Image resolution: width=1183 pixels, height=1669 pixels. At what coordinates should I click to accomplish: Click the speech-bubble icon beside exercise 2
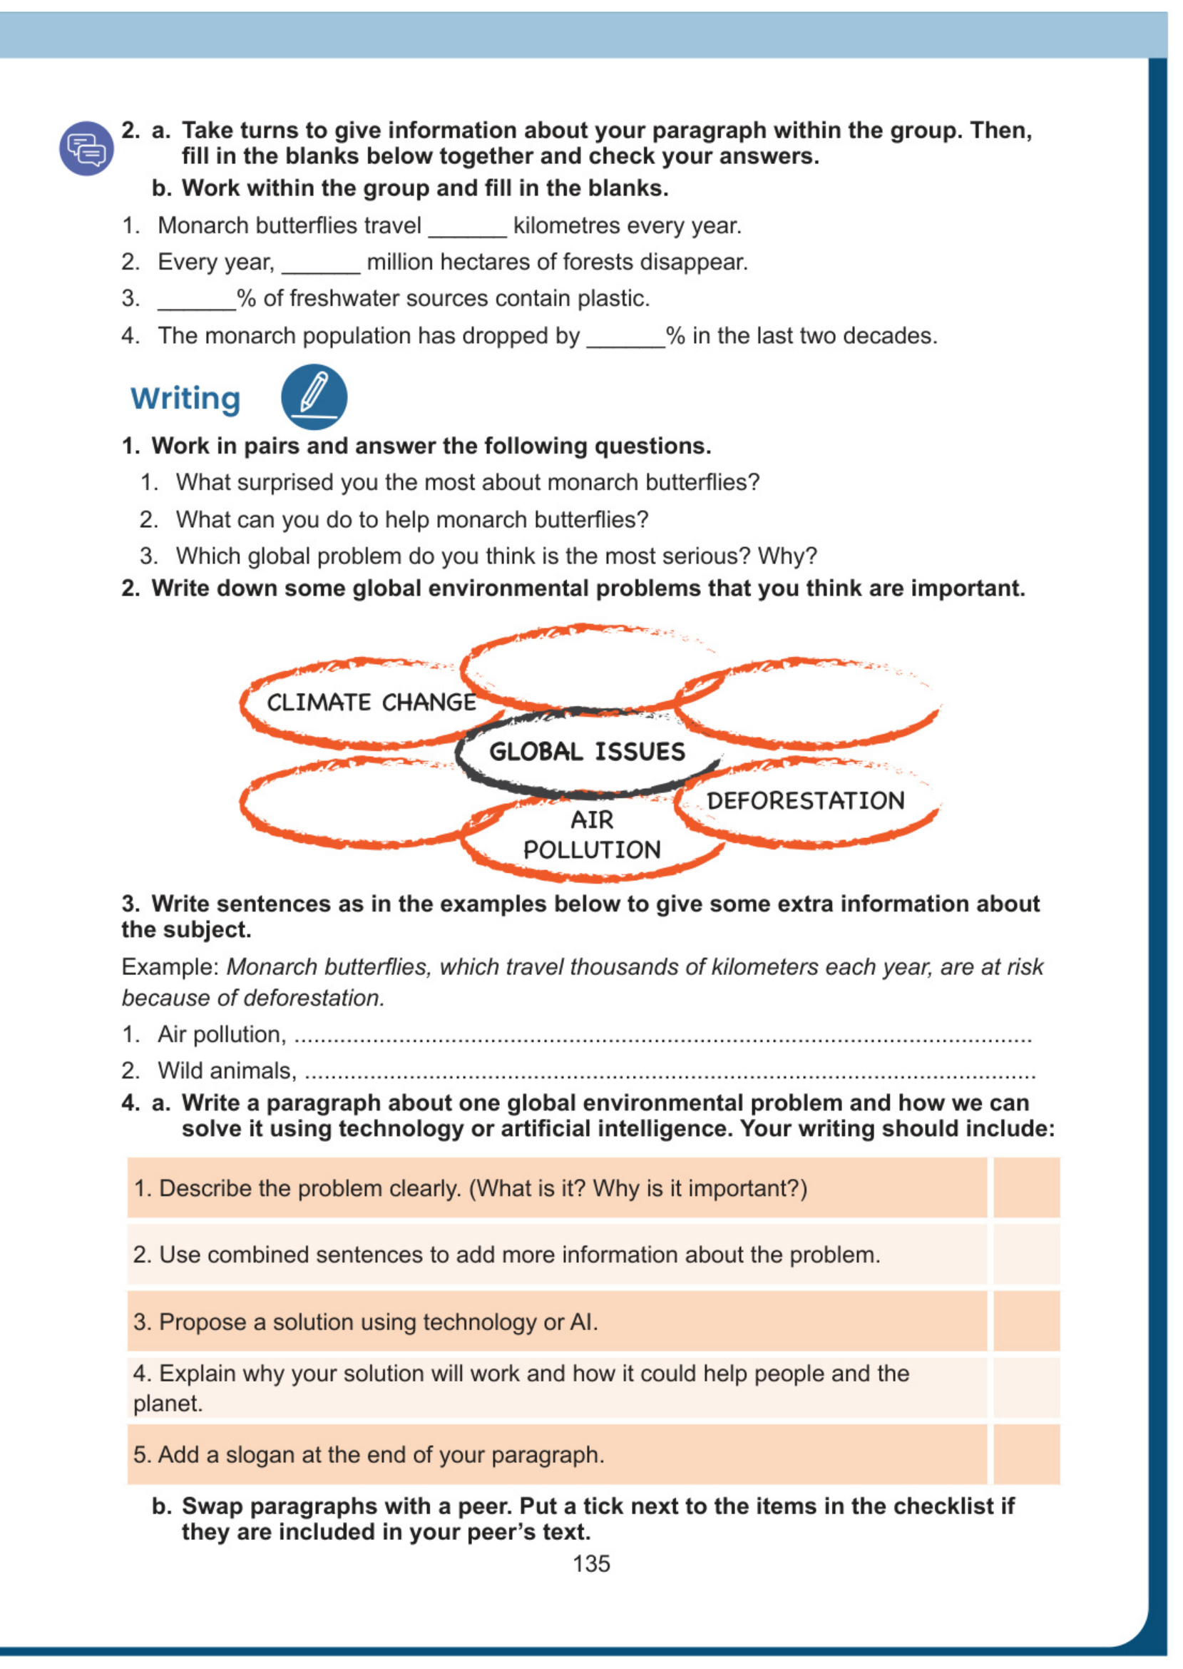(87, 148)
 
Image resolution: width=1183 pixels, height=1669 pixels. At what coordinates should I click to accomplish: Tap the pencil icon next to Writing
(314, 397)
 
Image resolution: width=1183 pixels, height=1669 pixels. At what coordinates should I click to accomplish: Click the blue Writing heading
(185, 399)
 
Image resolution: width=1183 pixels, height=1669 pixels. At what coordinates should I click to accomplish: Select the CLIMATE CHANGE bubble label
(371, 703)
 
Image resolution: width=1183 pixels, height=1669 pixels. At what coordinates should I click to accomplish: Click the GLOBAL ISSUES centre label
(587, 751)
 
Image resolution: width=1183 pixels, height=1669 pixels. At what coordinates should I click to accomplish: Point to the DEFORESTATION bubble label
(806, 801)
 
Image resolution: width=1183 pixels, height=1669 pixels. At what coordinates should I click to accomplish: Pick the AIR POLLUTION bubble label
(592, 835)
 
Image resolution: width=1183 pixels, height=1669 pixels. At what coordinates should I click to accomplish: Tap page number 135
(590, 1563)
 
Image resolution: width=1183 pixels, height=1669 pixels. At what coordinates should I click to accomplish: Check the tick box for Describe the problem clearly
(1025, 1188)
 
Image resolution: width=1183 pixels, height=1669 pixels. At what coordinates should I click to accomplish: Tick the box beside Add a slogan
(1025, 1454)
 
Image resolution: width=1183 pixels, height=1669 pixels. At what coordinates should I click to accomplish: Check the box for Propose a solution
(1025, 1321)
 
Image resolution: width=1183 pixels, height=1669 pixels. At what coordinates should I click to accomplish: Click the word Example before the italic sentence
(170, 966)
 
